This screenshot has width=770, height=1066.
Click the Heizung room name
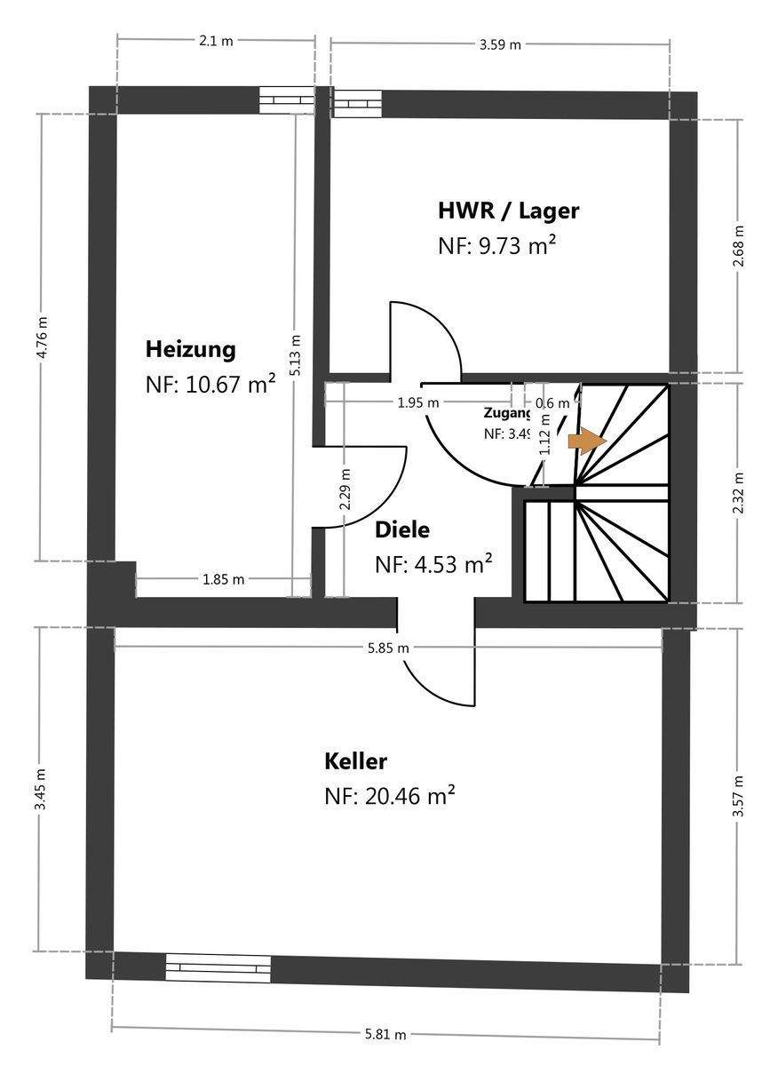pyautogui.click(x=191, y=349)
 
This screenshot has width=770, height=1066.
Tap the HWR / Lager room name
pyautogui.click(x=508, y=211)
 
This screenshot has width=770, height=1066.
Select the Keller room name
pyautogui.click(x=355, y=761)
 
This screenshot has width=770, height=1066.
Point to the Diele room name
pyautogui.click(x=401, y=530)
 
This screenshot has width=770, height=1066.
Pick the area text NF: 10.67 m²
pyautogui.click(x=210, y=385)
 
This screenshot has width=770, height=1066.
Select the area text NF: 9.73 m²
pyautogui.click(x=496, y=246)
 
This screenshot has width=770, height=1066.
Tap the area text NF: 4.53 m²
pyautogui.click(x=433, y=564)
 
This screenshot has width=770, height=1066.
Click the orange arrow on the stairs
pyautogui.click(x=587, y=440)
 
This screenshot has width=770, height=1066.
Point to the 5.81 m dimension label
pyautogui.click(x=385, y=1034)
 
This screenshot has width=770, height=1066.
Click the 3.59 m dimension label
pyautogui.click(x=500, y=44)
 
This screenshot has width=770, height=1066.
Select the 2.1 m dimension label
pyautogui.click(x=216, y=41)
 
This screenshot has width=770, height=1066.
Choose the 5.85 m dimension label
pyautogui.click(x=389, y=648)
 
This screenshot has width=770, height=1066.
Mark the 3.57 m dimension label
pyautogui.click(x=739, y=797)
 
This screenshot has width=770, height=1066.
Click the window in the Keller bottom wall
pyautogui.click(x=218, y=967)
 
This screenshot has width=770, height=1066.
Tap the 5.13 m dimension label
pyautogui.click(x=296, y=354)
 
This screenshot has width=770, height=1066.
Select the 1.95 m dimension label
pyautogui.click(x=418, y=402)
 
